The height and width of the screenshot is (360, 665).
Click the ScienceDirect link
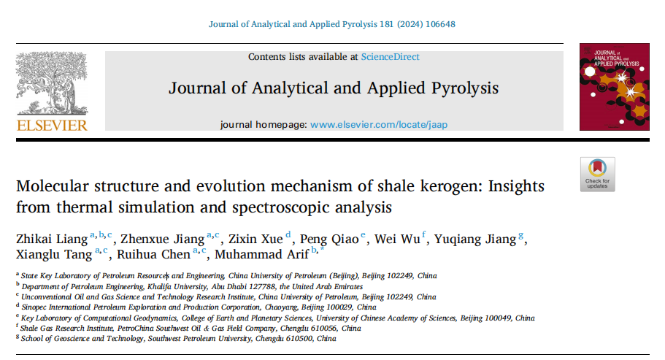point(390,56)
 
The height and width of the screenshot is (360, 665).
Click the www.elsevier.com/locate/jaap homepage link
point(378,124)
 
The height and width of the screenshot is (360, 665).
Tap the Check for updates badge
point(597,174)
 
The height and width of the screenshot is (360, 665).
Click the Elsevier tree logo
point(51,82)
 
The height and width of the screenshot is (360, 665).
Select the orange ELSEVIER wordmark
point(52,125)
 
